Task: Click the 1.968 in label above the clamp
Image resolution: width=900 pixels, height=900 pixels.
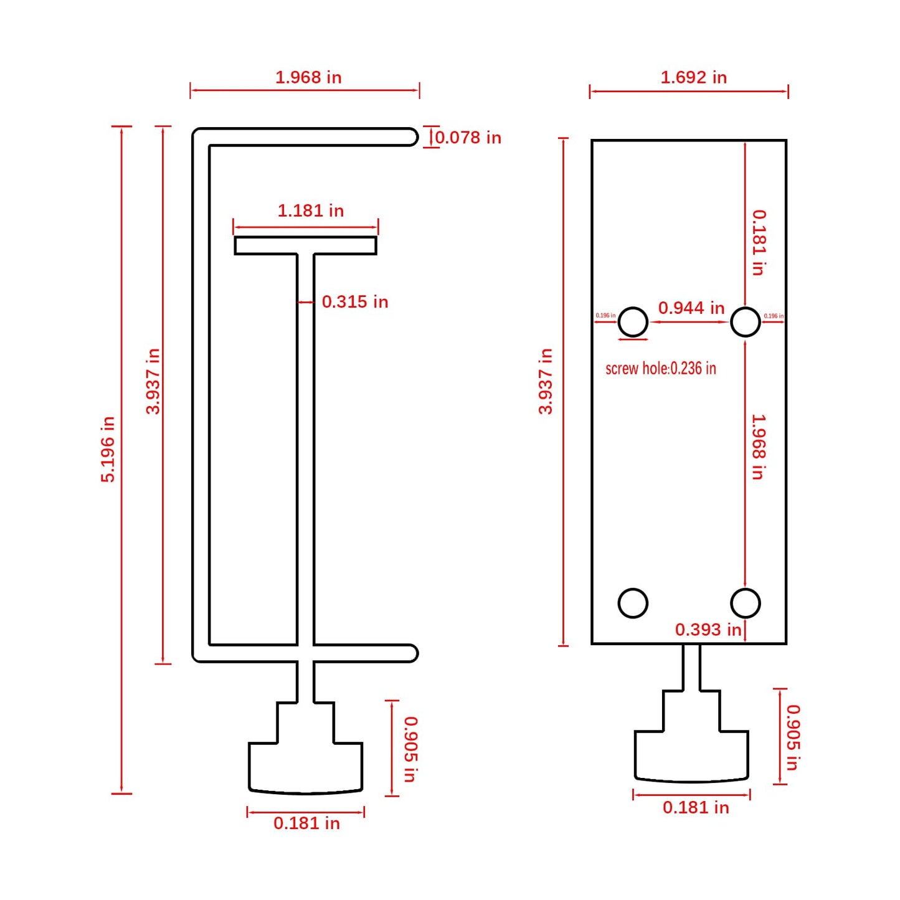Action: pyautogui.click(x=308, y=77)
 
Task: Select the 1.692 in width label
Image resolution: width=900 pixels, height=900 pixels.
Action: pyautogui.click(x=693, y=77)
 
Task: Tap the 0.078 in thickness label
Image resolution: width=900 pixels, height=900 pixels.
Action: pyautogui.click(x=468, y=138)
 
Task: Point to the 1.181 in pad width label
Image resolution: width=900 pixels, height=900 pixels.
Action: pyautogui.click(x=310, y=211)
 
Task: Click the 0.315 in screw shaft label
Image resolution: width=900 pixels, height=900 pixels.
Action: pyautogui.click(x=354, y=302)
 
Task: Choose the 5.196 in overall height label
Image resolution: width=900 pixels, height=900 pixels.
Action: pyautogui.click(x=108, y=449)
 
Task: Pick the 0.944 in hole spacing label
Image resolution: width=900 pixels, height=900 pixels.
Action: pyautogui.click(x=691, y=308)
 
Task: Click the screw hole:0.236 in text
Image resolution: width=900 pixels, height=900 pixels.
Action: pyautogui.click(x=660, y=368)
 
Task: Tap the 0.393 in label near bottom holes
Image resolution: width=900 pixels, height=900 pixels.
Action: pyautogui.click(x=708, y=630)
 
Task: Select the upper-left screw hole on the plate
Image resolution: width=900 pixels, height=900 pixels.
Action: pyautogui.click(x=633, y=322)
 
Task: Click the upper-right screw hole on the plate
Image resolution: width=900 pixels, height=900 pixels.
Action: pyautogui.click(x=745, y=322)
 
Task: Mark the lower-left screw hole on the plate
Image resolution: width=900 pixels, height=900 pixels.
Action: pyautogui.click(x=633, y=603)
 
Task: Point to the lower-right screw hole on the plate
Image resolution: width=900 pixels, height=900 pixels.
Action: pyautogui.click(x=745, y=603)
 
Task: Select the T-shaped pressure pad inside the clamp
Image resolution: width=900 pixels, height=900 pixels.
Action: pyautogui.click(x=305, y=245)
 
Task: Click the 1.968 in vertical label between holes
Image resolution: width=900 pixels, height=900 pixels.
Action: pyautogui.click(x=758, y=447)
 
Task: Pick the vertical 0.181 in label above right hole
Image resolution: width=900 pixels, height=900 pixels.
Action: pyautogui.click(x=758, y=242)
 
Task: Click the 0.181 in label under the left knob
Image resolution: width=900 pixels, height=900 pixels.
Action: pyautogui.click(x=306, y=823)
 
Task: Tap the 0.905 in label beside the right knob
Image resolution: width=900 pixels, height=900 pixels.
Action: pyautogui.click(x=793, y=737)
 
